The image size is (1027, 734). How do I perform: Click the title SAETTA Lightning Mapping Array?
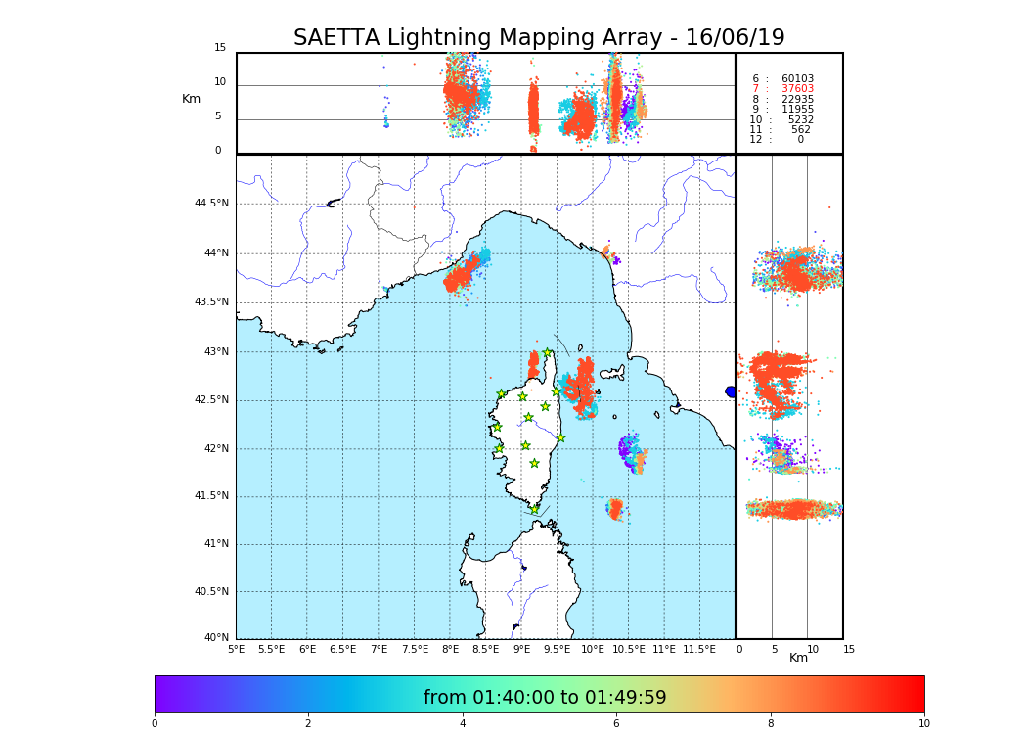pyautogui.click(x=539, y=38)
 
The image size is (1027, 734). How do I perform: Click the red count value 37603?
pyautogui.click(x=797, y=89)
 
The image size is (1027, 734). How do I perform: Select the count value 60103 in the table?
pyautogui.click(x=797, y=79)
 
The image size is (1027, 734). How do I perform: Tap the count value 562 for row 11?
pyautogui.click(x=800, y=130)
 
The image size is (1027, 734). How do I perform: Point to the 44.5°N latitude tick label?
pyautogui.click(x=211, y=204)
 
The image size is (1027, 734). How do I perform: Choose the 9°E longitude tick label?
pyautogui.click(x=521, y=649)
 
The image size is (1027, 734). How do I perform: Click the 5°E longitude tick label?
pyautogui.click(x=237, y=649)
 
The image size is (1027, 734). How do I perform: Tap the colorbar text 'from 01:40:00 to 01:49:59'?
pyautogui.click(x=545, y=698)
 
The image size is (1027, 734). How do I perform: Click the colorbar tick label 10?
pyautogui.click(x=923, y=724)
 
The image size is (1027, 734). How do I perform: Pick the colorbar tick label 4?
pyautogui.click(x=463, y=724)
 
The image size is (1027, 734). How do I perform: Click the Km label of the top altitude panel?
pyautogui.click(x=191, y=99)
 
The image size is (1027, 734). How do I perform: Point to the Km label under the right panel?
pyautogui.click(x=798, y=658)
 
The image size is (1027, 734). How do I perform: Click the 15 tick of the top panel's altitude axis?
pyautogui.click(x=220, y=48)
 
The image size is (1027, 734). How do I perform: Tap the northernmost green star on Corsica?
pyautogui.click(x=548, y=352)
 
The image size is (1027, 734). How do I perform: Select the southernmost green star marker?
pyautogui.click(x=534, y=509)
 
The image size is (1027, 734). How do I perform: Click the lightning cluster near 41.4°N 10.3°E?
pyautogui.click(x=615, y=508)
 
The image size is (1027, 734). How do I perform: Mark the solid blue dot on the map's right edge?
pyautogui.click(x=731, y=391)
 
